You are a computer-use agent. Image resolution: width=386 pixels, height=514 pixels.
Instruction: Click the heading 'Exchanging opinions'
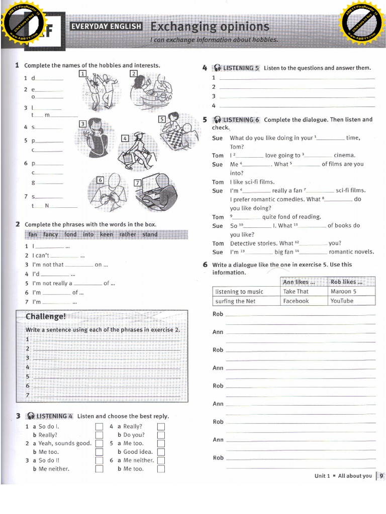210,27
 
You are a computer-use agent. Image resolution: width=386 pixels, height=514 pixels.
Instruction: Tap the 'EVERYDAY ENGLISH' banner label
106,27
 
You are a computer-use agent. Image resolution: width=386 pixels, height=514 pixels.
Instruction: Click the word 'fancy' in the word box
51,234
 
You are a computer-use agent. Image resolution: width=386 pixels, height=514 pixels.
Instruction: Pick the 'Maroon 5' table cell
343,291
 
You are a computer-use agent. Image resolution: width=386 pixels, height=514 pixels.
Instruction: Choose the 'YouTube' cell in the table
342,301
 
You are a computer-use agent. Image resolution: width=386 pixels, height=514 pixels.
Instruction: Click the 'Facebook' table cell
296,301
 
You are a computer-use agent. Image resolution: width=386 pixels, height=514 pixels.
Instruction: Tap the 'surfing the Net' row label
235,301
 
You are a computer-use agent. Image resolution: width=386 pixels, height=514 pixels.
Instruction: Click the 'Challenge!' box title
46,316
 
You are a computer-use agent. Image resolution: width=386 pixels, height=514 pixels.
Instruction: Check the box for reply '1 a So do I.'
99,427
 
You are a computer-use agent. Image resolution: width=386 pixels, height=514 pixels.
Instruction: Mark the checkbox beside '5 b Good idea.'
161,452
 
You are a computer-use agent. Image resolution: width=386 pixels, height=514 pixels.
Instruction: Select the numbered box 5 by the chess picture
162,119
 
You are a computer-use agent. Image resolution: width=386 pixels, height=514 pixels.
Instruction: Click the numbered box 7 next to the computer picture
137,183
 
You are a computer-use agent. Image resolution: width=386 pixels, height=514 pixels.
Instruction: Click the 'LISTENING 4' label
54,416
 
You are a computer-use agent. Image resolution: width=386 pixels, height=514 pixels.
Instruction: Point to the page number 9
381,476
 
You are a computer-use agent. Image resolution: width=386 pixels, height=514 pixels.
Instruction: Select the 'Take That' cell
296,291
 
